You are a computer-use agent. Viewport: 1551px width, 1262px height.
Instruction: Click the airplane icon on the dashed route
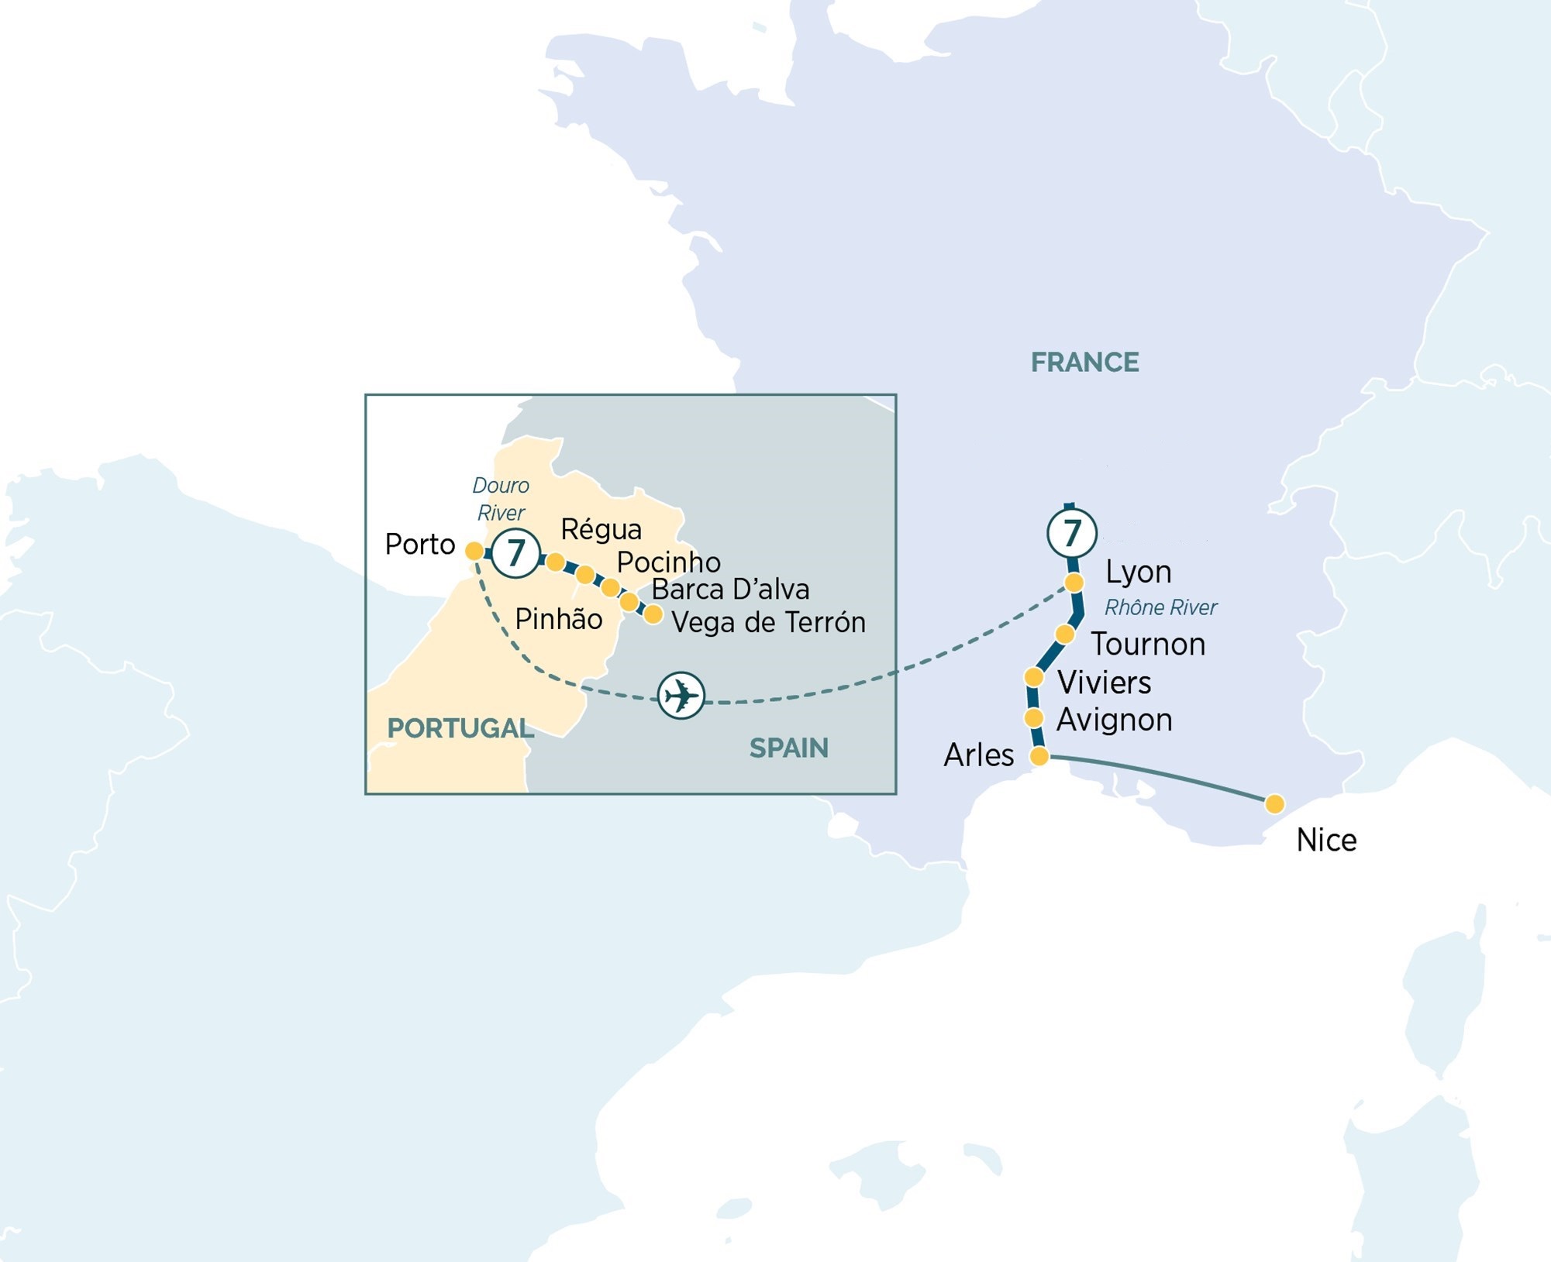[681, 695]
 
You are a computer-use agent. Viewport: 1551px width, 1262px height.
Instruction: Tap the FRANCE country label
[1084, 363]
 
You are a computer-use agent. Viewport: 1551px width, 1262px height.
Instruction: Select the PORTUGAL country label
[460, 728]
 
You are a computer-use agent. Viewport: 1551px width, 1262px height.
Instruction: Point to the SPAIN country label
[788, 748]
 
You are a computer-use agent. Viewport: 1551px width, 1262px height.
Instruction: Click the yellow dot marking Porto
[474, 551]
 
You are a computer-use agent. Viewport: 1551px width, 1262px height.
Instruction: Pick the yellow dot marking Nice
[1274, 804]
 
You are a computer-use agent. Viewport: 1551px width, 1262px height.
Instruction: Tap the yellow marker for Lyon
[1074, 582]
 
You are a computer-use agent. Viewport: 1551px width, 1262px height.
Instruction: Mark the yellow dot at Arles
[1039, 756]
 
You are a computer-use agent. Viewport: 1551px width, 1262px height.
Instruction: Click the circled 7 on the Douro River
[515, 552]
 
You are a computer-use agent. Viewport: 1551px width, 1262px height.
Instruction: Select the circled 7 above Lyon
[1071, 532]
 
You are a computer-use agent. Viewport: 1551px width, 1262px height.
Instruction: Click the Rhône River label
[1160, 607]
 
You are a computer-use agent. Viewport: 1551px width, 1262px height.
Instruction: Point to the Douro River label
[501, 499]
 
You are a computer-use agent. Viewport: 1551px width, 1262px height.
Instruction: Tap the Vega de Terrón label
[768, 622]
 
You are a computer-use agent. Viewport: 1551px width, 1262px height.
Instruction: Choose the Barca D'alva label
[730, 590]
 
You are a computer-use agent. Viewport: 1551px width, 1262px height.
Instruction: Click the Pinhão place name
[558, 619]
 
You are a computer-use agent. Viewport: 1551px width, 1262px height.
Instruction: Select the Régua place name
[601, 529]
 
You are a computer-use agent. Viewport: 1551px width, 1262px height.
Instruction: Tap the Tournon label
[1148, 645]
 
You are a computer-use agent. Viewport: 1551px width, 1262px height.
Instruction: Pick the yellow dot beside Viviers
[1033, 677]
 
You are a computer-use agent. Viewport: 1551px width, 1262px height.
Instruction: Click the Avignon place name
[1114, 720]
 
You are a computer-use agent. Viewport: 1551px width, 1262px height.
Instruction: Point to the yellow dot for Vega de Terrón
[653, 614]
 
